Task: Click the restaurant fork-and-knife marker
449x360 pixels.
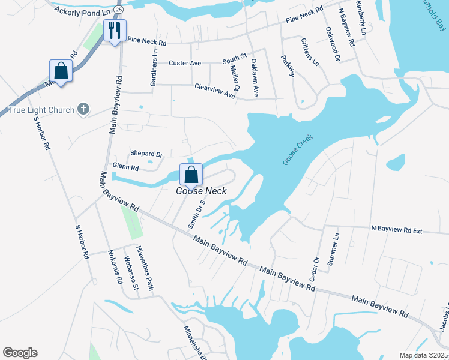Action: click(115, 29)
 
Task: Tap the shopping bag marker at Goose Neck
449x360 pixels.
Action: click(191, 175)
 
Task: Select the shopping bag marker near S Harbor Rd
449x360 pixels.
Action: click(61, 71)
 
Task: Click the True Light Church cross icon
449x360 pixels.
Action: click(83, 110)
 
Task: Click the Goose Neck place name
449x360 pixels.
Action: click(193, 191)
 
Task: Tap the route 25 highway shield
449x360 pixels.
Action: click(118, 10)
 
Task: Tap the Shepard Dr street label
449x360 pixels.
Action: click(147, 154)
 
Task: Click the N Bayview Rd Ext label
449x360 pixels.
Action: click(397, 229)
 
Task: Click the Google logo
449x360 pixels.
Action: click(20, 353)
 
